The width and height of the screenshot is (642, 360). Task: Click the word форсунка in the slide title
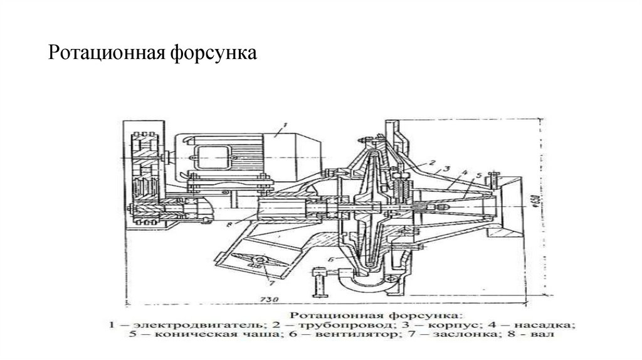pos(214,53)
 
